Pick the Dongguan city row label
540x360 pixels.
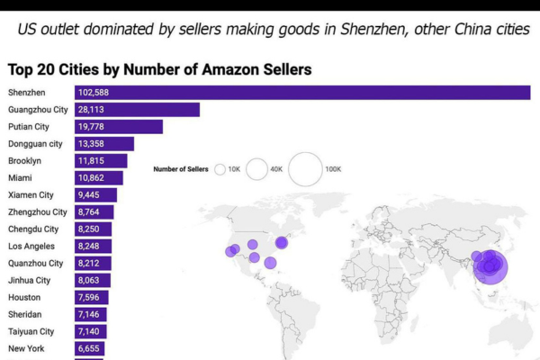click(35, 144)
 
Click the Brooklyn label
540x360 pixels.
click(24, 161)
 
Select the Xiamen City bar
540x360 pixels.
click(94, 195)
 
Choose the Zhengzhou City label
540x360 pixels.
click(38, 212)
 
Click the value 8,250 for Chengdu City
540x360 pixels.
click(89, 229)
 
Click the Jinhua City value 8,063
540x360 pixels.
click(89, 281)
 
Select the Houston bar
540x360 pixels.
click(91, 298)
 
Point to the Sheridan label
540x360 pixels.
click(25, 315)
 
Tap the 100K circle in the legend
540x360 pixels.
click(305, 168)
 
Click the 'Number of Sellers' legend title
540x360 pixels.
click(181, 169)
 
